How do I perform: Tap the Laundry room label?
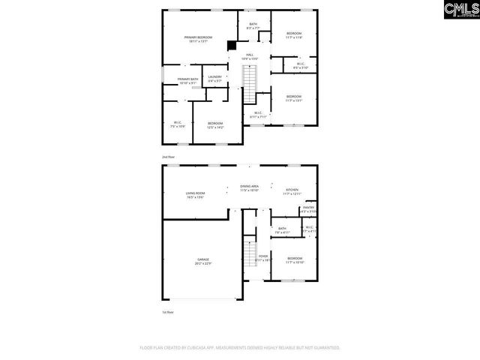tap(214, 77)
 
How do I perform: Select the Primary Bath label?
tap(188, 80)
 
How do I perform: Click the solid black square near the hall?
tap(232, 45)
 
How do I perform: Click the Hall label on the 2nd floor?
tap(249, 56)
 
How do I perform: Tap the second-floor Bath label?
tap(253, 25)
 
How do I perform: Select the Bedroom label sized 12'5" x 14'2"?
tap(215, 125)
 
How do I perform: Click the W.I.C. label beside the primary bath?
tap(178, 124)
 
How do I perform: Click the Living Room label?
tap(196, 195)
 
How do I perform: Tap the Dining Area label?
tap(250, 188)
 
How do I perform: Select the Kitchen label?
tap(291, 192)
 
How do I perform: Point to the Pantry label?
tap(308, 209)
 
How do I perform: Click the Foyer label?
tap(263, 258)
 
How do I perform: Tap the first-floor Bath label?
tap(282, 230)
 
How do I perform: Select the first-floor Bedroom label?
tap(294, 260)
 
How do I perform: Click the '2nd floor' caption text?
tap(168, 157)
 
